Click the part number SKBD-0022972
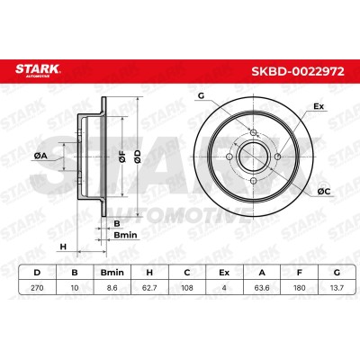click(298, 72)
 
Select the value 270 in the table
click(37, 288)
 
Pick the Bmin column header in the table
click(112, 273)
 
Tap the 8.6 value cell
click(112, 288)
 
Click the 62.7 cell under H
click(149, 288)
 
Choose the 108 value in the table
click(186, 288)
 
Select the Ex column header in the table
click(224, 273)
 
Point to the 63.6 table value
click(262, 288)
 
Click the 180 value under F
click(299, 288)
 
